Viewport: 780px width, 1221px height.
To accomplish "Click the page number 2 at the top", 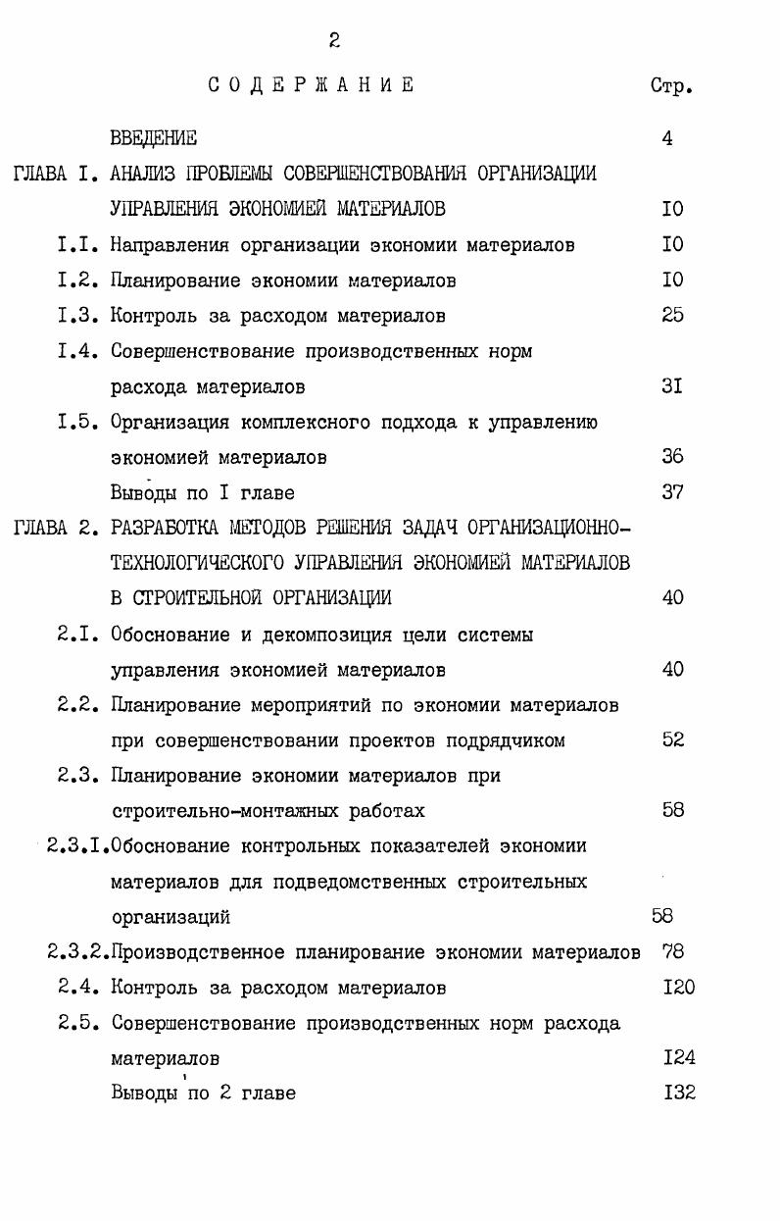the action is click(x=334, y=40).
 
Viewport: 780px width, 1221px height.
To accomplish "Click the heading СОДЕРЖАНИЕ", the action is click(x=311, y=85).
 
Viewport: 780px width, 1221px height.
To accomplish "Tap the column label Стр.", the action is click(x=671, y=86).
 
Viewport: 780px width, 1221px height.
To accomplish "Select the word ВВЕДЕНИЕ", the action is click(x=153, y=138).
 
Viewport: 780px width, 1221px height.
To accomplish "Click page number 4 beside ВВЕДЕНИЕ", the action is click(x=667, y=138).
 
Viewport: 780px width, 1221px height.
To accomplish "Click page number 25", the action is click(x=672, y=316).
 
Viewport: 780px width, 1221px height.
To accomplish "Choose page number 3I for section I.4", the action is click(x=672, y=386).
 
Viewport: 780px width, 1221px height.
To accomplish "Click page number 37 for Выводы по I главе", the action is click(x=672, y=492).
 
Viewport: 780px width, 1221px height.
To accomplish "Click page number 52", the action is click(x=672, y=740).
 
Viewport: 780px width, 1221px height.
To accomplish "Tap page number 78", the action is click(x=672, y=952).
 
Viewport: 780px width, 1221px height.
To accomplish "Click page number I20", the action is click(x=678, y=988).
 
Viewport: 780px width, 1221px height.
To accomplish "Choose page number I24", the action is click(x=678, y=1058).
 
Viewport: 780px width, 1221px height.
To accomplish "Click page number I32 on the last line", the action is click(x=678, y=1093).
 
